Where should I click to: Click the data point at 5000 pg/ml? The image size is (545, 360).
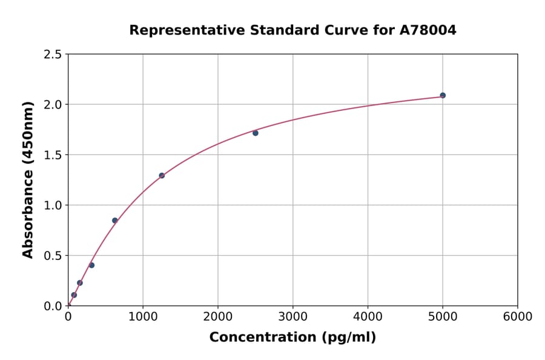pos(443,95)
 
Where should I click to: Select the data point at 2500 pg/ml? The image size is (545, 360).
pos(256,133)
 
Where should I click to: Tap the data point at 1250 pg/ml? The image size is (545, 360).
pos(162,175)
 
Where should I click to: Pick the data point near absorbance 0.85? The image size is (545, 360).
pos(115,220)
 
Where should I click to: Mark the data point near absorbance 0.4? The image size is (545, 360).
pos(91,265)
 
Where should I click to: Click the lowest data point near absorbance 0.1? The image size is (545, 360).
pos(74,295)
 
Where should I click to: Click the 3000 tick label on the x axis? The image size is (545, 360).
pos(292,316)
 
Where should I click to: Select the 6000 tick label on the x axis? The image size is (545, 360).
pos(517,316)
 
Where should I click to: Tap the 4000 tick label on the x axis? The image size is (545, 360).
pos(368,316)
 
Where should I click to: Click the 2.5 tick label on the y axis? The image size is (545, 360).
pos(53,55)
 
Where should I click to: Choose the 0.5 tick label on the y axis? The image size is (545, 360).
pos(53,256)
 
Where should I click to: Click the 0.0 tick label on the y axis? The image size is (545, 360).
pos(53,306)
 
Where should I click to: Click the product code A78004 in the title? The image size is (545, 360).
pos(428,30)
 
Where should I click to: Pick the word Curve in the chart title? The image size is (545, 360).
pos(326,30)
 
